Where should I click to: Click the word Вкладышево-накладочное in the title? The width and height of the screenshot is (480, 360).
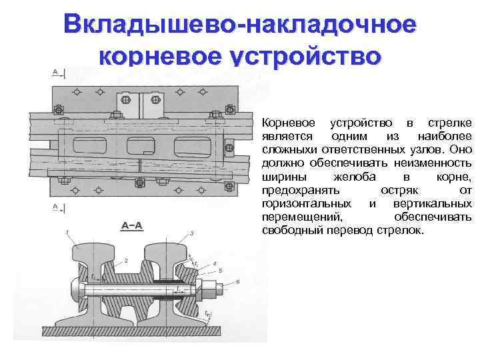240,25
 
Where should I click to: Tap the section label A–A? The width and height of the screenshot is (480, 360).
131,225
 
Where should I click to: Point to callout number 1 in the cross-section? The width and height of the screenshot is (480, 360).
67,231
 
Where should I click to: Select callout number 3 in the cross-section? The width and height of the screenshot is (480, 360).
192,233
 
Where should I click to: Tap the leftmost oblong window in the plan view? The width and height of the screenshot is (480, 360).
91,146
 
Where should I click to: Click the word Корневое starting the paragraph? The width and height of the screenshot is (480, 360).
284,123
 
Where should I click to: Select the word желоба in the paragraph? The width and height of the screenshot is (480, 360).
352,177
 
